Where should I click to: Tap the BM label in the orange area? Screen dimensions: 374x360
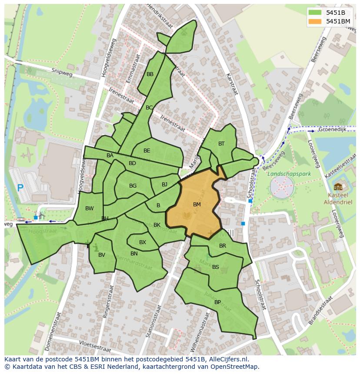[197, 204]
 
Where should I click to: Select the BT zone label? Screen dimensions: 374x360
[221, 144]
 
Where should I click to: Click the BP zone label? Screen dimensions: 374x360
[217, 302]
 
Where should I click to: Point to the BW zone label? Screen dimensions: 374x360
[89, 209]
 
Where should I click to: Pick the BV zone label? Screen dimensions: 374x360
[101, 255]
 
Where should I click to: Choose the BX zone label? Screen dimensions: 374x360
[143, 242]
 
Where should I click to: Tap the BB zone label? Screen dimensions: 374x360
[150, 74]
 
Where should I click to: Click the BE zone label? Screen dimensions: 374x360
[147, 151]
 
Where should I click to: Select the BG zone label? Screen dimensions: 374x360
[133, 186]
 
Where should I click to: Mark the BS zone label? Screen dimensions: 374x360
[216, 267]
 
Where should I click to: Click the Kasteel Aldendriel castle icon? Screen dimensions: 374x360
[338, 187]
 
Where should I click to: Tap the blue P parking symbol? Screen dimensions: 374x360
[20, 188]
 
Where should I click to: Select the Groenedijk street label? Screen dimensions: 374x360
[331, 129]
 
